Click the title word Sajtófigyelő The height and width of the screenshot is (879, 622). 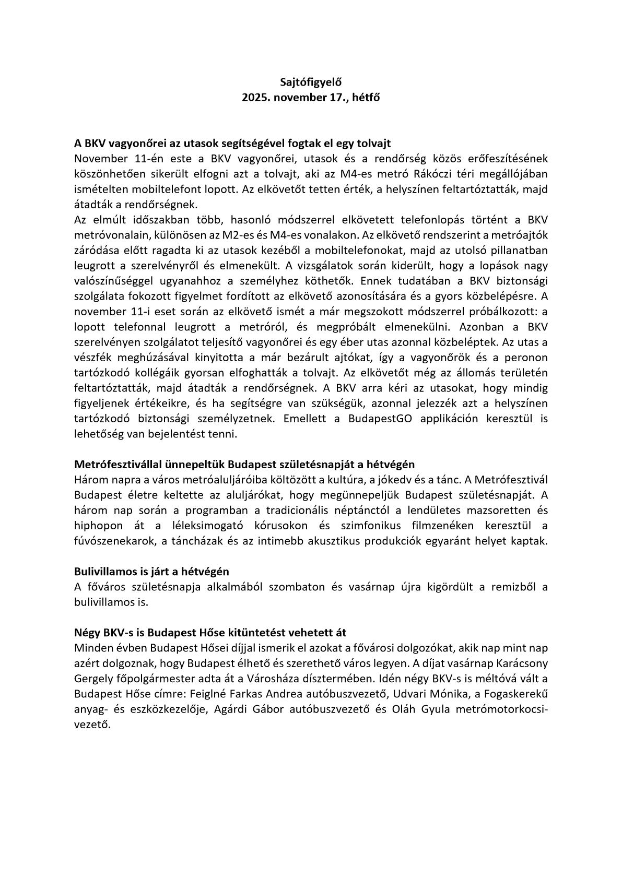point(311,82)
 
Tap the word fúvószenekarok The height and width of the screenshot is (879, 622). point(114,541)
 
